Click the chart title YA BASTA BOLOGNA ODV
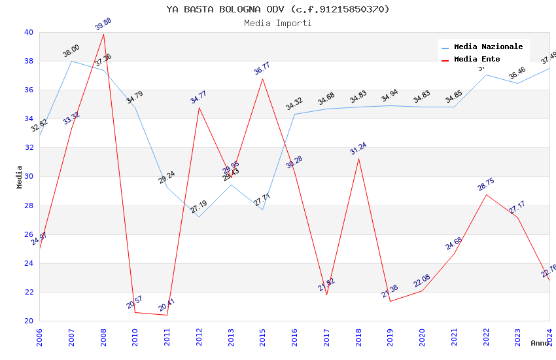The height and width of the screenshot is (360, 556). tap(278, 9)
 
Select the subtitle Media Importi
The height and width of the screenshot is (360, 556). tap(278, 23)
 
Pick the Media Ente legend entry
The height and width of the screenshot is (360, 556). tap(477, 59)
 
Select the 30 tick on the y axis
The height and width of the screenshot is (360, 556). tap(29, 177)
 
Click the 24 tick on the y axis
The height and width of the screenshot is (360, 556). tap(29, 263)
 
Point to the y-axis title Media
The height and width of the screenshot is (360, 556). tap(20, 177)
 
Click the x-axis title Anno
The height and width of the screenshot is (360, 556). tap(540, 343)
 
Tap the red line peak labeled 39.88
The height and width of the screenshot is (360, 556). tap(103, 34)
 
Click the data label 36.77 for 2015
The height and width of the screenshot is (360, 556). tap(262, 69)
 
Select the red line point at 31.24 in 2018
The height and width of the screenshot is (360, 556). tap(358, 158)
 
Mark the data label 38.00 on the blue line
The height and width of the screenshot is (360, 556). tap(71, 51)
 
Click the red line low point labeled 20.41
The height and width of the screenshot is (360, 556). tap(167, 315)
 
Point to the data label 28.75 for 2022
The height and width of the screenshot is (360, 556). tap(485, 185)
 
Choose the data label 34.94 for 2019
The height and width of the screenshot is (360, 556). tap(390, 96)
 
